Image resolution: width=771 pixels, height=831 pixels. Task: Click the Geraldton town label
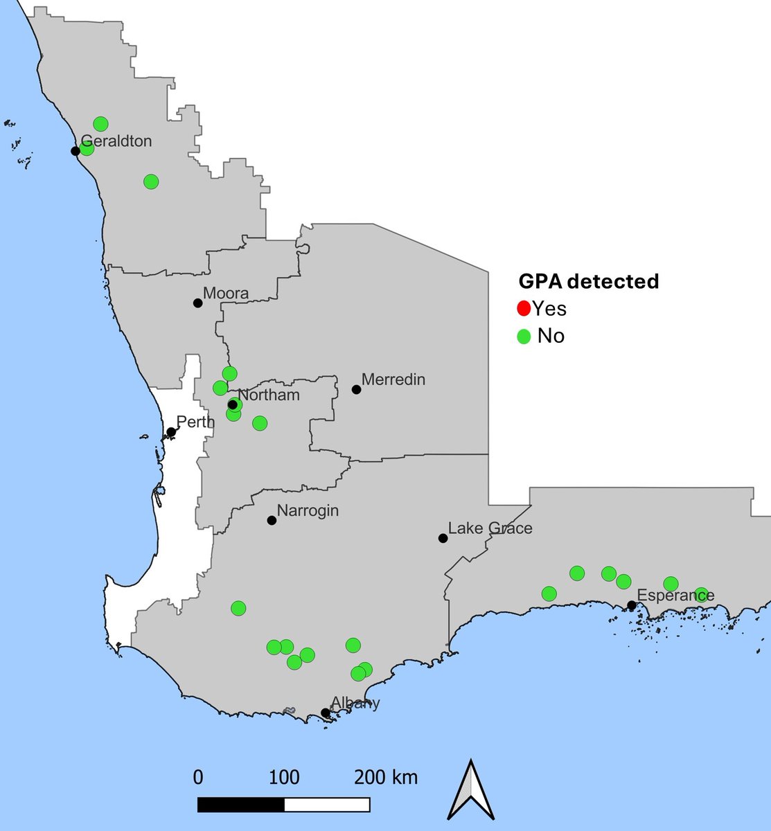[x=116, y=141]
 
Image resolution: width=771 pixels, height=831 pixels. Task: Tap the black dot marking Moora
[x=197, y=303]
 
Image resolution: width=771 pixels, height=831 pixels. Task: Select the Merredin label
[x=393, y=379]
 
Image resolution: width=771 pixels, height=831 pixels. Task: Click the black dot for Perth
[x=171, y=432]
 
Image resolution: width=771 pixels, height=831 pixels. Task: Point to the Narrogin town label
[x=308, y=511]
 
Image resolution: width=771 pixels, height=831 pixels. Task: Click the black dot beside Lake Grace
[x=443, y=538]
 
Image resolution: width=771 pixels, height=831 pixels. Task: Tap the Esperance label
[x=675, y=596]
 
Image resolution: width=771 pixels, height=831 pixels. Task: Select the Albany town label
[x=355, y=704]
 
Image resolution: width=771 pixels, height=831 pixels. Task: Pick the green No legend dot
[x=524, y=337]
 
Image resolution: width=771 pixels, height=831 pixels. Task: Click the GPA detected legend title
[x=589, y=281]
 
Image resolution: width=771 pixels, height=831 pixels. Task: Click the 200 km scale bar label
[x=386, y=777]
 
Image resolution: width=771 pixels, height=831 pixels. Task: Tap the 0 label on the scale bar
[x=198, y=777]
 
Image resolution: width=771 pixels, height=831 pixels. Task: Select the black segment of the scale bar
[x=240, y=805]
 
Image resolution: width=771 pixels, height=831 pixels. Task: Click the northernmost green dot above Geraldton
[x=100, y=124]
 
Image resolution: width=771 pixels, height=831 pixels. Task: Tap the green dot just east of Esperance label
[x=701, y=595]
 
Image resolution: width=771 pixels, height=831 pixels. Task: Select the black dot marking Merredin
[x=357, y=389]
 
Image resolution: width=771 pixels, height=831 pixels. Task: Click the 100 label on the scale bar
[x=284, y=777]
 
